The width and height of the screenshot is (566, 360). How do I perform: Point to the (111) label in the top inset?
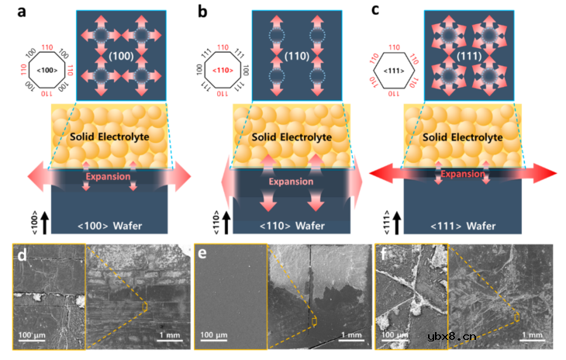pyautogui.click(x=470, y=57)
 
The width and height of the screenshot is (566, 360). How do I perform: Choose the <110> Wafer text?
pyautogui.click(x=296, y=227)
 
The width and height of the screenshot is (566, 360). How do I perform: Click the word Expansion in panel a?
pyautogui.click(x=108, y=176)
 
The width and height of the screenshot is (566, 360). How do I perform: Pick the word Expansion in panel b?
pyautogui.click(x=296, y=181)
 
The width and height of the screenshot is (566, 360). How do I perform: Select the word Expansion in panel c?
pyautogui.click(x=464, y=174)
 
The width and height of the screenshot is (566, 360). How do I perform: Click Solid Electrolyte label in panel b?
pyautogui.click(x=296, y=137)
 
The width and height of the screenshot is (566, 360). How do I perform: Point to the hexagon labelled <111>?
pyautogui.click(x=396, y=71)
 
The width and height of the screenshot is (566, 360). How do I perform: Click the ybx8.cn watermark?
pyautogui.click(x=452, y=337)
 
